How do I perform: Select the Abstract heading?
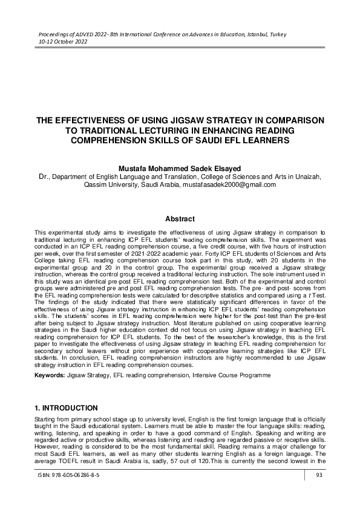[180, 219]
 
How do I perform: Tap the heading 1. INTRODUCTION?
[66, 408]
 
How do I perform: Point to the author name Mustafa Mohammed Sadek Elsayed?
[180, 167]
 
